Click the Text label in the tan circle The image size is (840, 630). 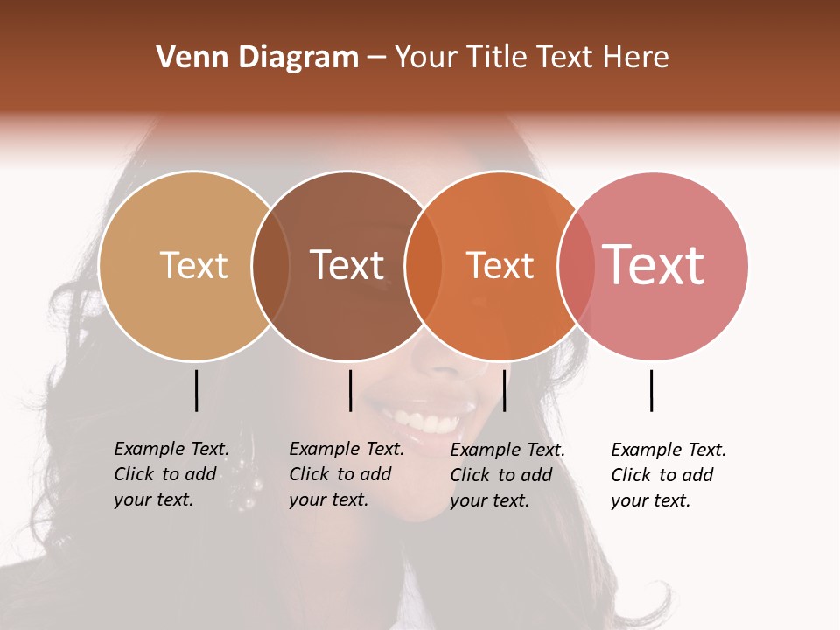pyautogui.click(x=193, y=265)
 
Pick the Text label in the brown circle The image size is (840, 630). pyautogui.click(x=346, y=265)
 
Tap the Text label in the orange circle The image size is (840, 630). pyautogui.click(x=500, y=265)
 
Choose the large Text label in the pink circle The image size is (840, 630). pyautogui.click(x=653, y=265)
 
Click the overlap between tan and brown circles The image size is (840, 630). pyautogui.click(x=270, y=265)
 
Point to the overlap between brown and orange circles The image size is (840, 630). pyautogui.click(x=423, y=265)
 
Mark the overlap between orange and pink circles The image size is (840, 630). pyautogui.click(x=576, y=265)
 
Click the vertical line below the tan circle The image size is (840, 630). pyautogui.click(x=197, y=390)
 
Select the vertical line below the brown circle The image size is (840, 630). pyautogui.click(x=350, y=390)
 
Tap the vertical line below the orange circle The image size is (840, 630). pyautogui.click(x=504, y=390)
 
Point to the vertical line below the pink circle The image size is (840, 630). pyautogui.click(x=652, y=390)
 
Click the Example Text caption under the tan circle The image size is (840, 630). pyautogui.click(x=171, y=474)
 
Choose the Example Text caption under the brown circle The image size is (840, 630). pyautogui.click(x=346, y=474)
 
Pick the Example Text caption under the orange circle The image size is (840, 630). pyautogui.click(x=507, y=475)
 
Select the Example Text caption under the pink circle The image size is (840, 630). pyautogui.click(x=668, y=475)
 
